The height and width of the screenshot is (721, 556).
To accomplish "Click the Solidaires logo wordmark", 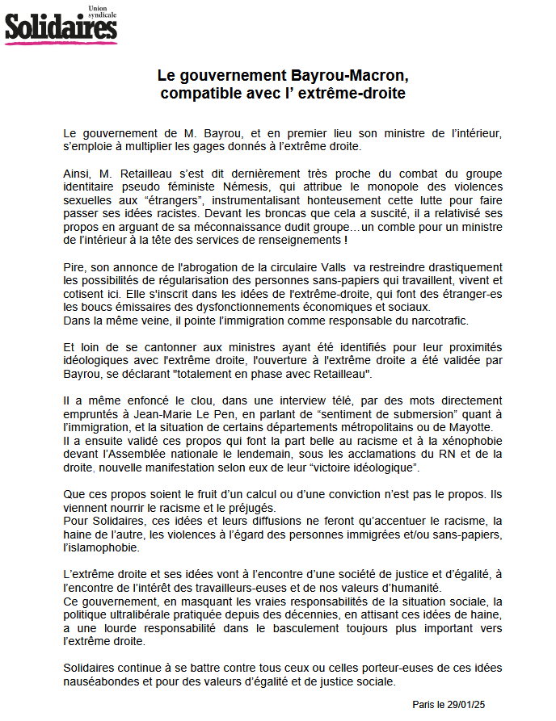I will tap(61, 28).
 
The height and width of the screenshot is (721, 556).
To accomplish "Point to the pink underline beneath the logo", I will tap(61, 42).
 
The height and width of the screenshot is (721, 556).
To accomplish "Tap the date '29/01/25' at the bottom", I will tap(464, 704).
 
